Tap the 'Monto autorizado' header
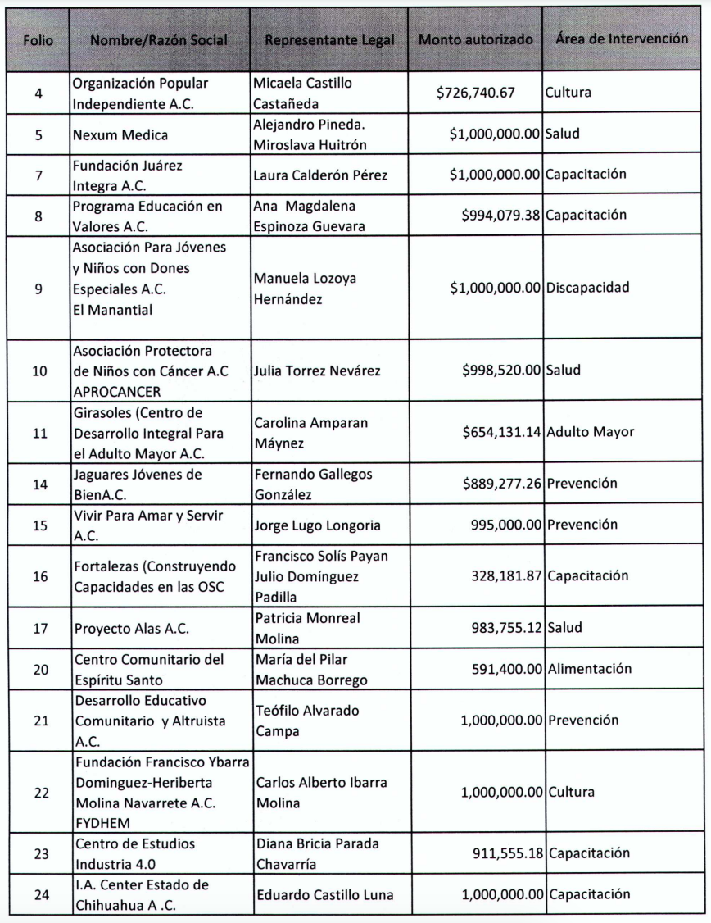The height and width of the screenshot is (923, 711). point(476,40)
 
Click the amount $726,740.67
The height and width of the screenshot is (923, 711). point(476,93)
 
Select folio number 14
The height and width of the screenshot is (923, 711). point(39,484)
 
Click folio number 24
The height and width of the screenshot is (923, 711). point(39,894)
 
